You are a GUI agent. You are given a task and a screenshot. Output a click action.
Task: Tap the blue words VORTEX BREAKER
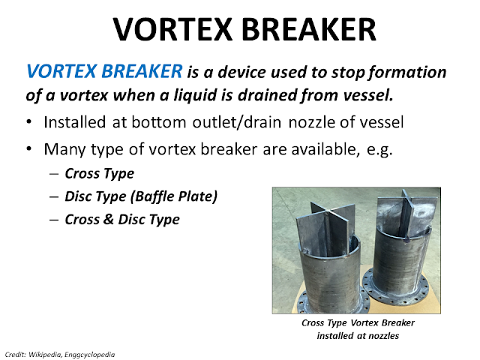coord(103,73)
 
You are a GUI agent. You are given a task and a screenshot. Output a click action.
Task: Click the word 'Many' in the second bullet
coord(64,149)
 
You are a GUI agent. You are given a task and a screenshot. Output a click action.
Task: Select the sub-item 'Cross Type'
coord(99,173)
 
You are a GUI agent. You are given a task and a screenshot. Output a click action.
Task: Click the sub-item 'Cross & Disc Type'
coord(122,220)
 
